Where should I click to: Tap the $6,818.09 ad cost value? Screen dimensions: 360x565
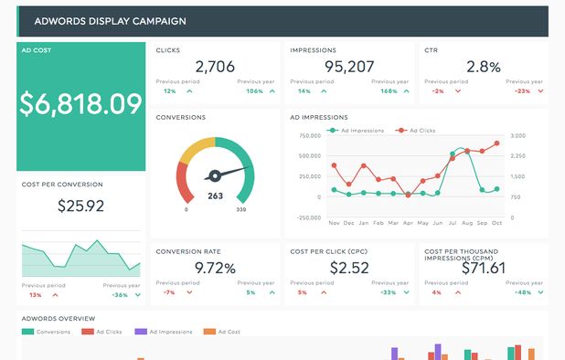[x=80, y=103]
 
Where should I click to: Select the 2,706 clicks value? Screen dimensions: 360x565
[x=216, y=67]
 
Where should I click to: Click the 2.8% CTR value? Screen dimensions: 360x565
[x=483, y=67]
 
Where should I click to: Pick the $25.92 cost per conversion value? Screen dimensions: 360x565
[x=80, y=206]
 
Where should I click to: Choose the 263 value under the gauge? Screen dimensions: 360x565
[x=216, y=196]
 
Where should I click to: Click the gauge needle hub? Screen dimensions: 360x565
[x=216, y=175]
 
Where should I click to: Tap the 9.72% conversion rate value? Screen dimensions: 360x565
[x=216, y=269]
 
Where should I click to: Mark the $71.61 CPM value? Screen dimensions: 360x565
[x=483, y=269]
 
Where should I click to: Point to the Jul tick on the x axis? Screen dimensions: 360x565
[x=437, y=223]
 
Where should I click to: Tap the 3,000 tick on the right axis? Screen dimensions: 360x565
[x=517, y=135]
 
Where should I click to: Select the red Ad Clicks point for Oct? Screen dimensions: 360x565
[x=496, y=143]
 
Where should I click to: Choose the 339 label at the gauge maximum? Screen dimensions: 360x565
[x=241, y=210]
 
